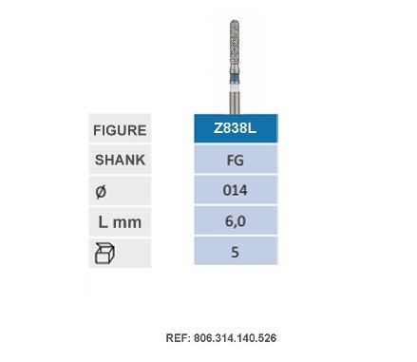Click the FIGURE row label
[120, 128]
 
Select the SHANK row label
[120, 160]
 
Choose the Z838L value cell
[235, 128]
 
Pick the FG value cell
[235, 160]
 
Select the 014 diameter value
[235, 191]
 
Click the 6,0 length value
[235, 222]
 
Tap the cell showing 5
[235, 254]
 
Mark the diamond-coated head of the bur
[235, 48]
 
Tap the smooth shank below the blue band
[235, 100]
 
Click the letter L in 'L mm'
[104, 222]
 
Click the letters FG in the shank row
[235, 160]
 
